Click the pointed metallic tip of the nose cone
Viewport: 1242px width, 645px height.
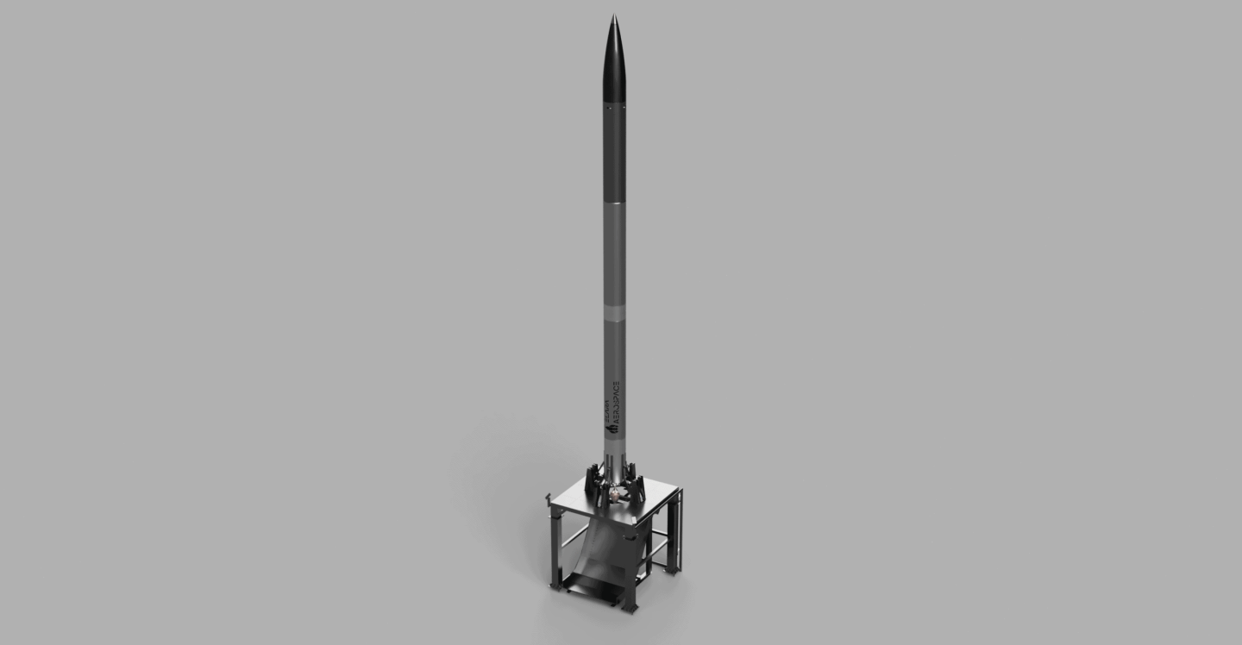click(613, 16)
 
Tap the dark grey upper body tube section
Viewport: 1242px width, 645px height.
click(614, 155)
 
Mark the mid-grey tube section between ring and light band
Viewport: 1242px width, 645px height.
click(614, 254)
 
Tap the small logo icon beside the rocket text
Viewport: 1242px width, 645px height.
click(607, 425)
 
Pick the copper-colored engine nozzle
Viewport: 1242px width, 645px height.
click(615, 493)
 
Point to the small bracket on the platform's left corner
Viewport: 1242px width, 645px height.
click(549, 498)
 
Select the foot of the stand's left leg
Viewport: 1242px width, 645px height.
click(556, 586)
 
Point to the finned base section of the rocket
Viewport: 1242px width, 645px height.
click(614, 461)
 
